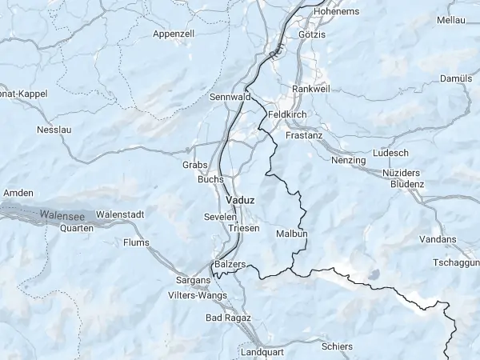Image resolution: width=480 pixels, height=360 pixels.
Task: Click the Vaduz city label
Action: [240, 199]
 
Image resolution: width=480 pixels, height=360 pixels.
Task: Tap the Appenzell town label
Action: [174, 34]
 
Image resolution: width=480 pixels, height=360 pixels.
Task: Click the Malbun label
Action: [291, 234]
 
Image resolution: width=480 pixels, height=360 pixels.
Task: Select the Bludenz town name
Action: [407, 184]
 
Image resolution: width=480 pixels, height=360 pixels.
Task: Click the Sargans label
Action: [192, 281]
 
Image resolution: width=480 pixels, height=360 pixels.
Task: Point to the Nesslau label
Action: [54, 130]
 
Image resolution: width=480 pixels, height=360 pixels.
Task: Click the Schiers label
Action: [336, 346]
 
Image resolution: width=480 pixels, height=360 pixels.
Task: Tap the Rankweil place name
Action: [311, 88]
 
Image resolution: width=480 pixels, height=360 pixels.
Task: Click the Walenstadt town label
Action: [120, 214]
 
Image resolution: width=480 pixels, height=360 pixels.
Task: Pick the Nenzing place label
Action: [348, 161]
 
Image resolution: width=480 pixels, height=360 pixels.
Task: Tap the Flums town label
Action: [137, 242]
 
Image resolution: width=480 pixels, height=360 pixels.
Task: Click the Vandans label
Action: [438, 239]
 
